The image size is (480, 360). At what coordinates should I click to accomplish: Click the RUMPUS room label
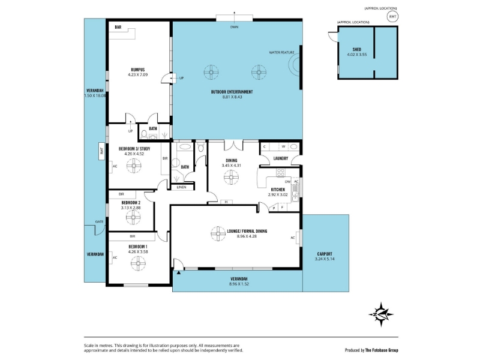(x=137, y=70)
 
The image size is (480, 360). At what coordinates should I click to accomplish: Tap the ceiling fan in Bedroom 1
(x=139, y=263)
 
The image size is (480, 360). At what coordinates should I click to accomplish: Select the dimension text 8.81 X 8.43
(x=232, y=97)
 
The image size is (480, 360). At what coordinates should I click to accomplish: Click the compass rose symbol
(x=381, y=314)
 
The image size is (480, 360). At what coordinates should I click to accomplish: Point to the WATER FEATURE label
(x=281, y=53)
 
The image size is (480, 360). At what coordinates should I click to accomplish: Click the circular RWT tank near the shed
(x=393, y=17)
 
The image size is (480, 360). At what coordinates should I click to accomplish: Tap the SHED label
(x=356, y=49)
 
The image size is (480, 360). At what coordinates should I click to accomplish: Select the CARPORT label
(x=325, y=254)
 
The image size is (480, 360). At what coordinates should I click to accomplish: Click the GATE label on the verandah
(x=99, y=221)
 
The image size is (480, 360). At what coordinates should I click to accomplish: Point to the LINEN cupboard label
(x=182, y=187)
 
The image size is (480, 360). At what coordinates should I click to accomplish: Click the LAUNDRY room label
(x=280, y=158)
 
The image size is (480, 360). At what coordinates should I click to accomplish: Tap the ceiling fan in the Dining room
(x=231, y=177)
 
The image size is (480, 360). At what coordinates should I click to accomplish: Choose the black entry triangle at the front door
(x=178, y=272)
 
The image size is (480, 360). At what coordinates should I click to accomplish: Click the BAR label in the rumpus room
(x=118, y=27)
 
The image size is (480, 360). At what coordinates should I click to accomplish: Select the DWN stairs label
(x=234, y=27)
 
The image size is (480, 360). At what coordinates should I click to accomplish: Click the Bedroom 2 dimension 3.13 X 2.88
(x=131, y=208)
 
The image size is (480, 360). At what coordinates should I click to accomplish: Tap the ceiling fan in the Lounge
(x=218, y=233)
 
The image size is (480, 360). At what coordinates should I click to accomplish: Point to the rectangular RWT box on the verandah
(x=102, y=151)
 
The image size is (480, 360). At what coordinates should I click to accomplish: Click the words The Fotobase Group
(x=382, y=350)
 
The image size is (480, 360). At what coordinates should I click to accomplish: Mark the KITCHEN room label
(x=278, y=190)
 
